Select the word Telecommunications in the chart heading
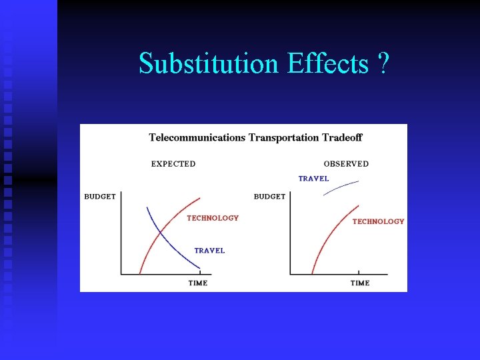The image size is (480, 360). point(197,138)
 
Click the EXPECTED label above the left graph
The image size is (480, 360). point(173,164)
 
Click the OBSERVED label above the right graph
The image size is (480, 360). point(346,164)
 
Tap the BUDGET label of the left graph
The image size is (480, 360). point(100,197)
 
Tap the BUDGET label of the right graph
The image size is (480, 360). point(269,197)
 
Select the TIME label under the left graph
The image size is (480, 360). point(198,283)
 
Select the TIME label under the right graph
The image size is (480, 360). point(360,283)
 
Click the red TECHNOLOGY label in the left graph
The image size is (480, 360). point(213,218)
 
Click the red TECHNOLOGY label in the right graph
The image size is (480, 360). point(378,221)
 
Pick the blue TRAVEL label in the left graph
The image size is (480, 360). point(209,251)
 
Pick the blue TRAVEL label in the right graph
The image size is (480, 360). point(313,179)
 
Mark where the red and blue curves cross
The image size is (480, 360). point(160,232)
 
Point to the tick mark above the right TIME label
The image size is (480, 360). point(359,272)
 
